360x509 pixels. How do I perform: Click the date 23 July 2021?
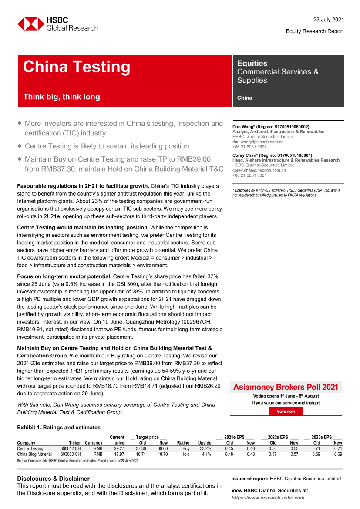click(x=329, y=20)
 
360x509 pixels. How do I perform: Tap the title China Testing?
click(x=77, y=67)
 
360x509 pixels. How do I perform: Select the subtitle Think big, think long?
click(x=61, y=97)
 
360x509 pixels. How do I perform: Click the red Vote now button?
click(x=286, y=411)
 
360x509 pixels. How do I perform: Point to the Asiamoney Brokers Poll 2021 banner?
click(x=286, y=387)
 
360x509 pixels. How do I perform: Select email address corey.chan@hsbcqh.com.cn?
click(x=259, y=170)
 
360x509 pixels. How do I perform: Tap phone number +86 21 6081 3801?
click(x=249, y=175)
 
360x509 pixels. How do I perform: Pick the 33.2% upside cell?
click(x=205, y=448)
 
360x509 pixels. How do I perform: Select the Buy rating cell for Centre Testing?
click(x=185, y=448)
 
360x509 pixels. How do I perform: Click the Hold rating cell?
click(x=185, y=454)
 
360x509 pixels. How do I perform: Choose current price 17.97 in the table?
click(x=118, y=454)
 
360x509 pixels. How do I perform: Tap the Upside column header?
click(x=204, y=443)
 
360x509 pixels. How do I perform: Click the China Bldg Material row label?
click(x=34, y=454)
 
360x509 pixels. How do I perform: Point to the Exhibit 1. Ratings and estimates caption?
click(x=59, y=428)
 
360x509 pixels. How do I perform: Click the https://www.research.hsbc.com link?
click(x=268, y=497)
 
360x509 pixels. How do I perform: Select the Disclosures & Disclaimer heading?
click(x=53, y=479)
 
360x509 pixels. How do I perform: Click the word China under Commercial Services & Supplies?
click(x=245, y=98)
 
